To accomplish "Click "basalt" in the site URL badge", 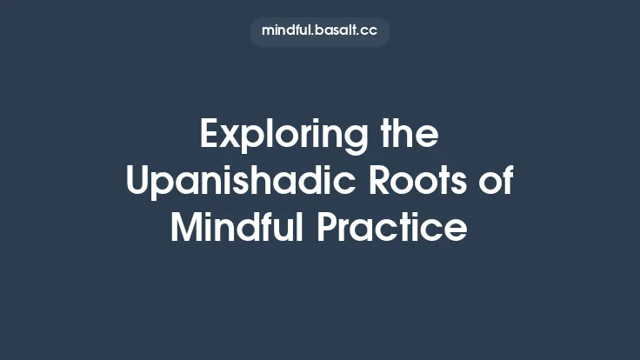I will click(x=335, y=30).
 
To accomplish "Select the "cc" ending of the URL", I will click(x=370, y=30).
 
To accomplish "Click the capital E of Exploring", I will click(x=210, y=136).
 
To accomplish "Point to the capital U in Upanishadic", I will click(x=137, y=182).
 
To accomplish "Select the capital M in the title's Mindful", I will click(x=184, y=228).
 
